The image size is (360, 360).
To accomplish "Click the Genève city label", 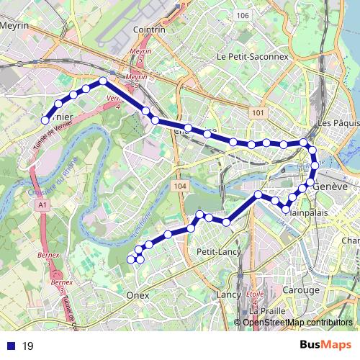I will pyautogui.click(x=330, y=186).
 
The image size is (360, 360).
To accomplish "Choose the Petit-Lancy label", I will pyautogui.click(x=213, y=253).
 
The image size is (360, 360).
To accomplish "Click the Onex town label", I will pyautogui.click(x=137, y=295).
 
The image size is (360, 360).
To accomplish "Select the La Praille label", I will pyautogui.click(x=264, y=310).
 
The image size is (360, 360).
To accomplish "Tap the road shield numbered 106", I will pyautogui.click(x=242, y=16).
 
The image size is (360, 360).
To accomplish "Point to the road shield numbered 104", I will pyautogui.click(x=180, y=186).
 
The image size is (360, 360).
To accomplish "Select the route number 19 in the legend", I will pyautogui.click(x=27, y=346).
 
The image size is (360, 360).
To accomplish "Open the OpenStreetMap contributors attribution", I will pyautogui.click(x=297, y=322).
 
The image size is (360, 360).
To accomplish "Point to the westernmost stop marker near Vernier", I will pyautogui.click(x=45, y=120).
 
